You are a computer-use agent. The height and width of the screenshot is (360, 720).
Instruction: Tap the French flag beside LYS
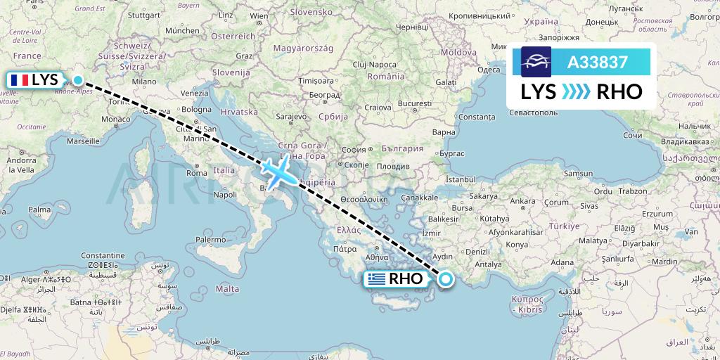pos(19,80)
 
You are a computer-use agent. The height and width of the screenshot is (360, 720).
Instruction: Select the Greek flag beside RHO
pos(377,279)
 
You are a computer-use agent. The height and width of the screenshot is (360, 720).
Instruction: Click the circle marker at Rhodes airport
pos(445,280)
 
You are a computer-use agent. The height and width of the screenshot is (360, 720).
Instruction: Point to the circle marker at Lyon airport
pos(78,80)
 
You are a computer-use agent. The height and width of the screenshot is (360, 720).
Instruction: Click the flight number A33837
pos(598,62)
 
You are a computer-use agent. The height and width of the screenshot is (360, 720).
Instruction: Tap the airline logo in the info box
pos(535,62)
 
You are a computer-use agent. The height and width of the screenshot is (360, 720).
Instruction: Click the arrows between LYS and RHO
pos(577,91)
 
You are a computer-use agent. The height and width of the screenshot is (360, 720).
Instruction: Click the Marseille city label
pos(82,141)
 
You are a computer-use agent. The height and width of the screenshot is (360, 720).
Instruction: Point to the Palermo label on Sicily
pos(210,240)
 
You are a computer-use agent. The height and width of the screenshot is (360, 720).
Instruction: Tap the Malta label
pos(226,289)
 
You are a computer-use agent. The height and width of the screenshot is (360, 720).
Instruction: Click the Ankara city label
pos(522,202)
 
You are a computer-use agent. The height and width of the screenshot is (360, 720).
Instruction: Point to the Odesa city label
pos(489,69)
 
